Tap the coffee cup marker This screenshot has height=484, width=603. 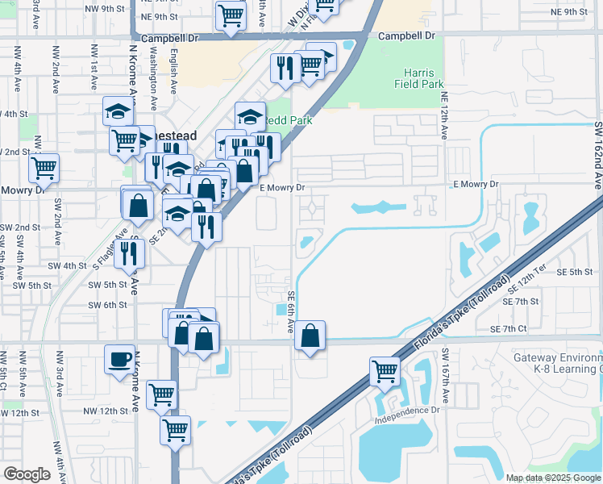pos(120,358)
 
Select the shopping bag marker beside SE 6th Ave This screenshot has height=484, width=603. pos(310,335)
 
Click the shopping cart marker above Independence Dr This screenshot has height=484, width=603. pos(385,372)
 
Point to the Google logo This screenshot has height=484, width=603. pos(27,474)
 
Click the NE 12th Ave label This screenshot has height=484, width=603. pos(444,113)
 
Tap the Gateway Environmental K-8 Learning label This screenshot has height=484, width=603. pos(557,363)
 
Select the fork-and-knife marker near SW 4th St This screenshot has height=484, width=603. pos(129,252)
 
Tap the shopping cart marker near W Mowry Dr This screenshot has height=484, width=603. pos(44,168)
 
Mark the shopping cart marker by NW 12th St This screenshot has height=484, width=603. pos(162,394)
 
